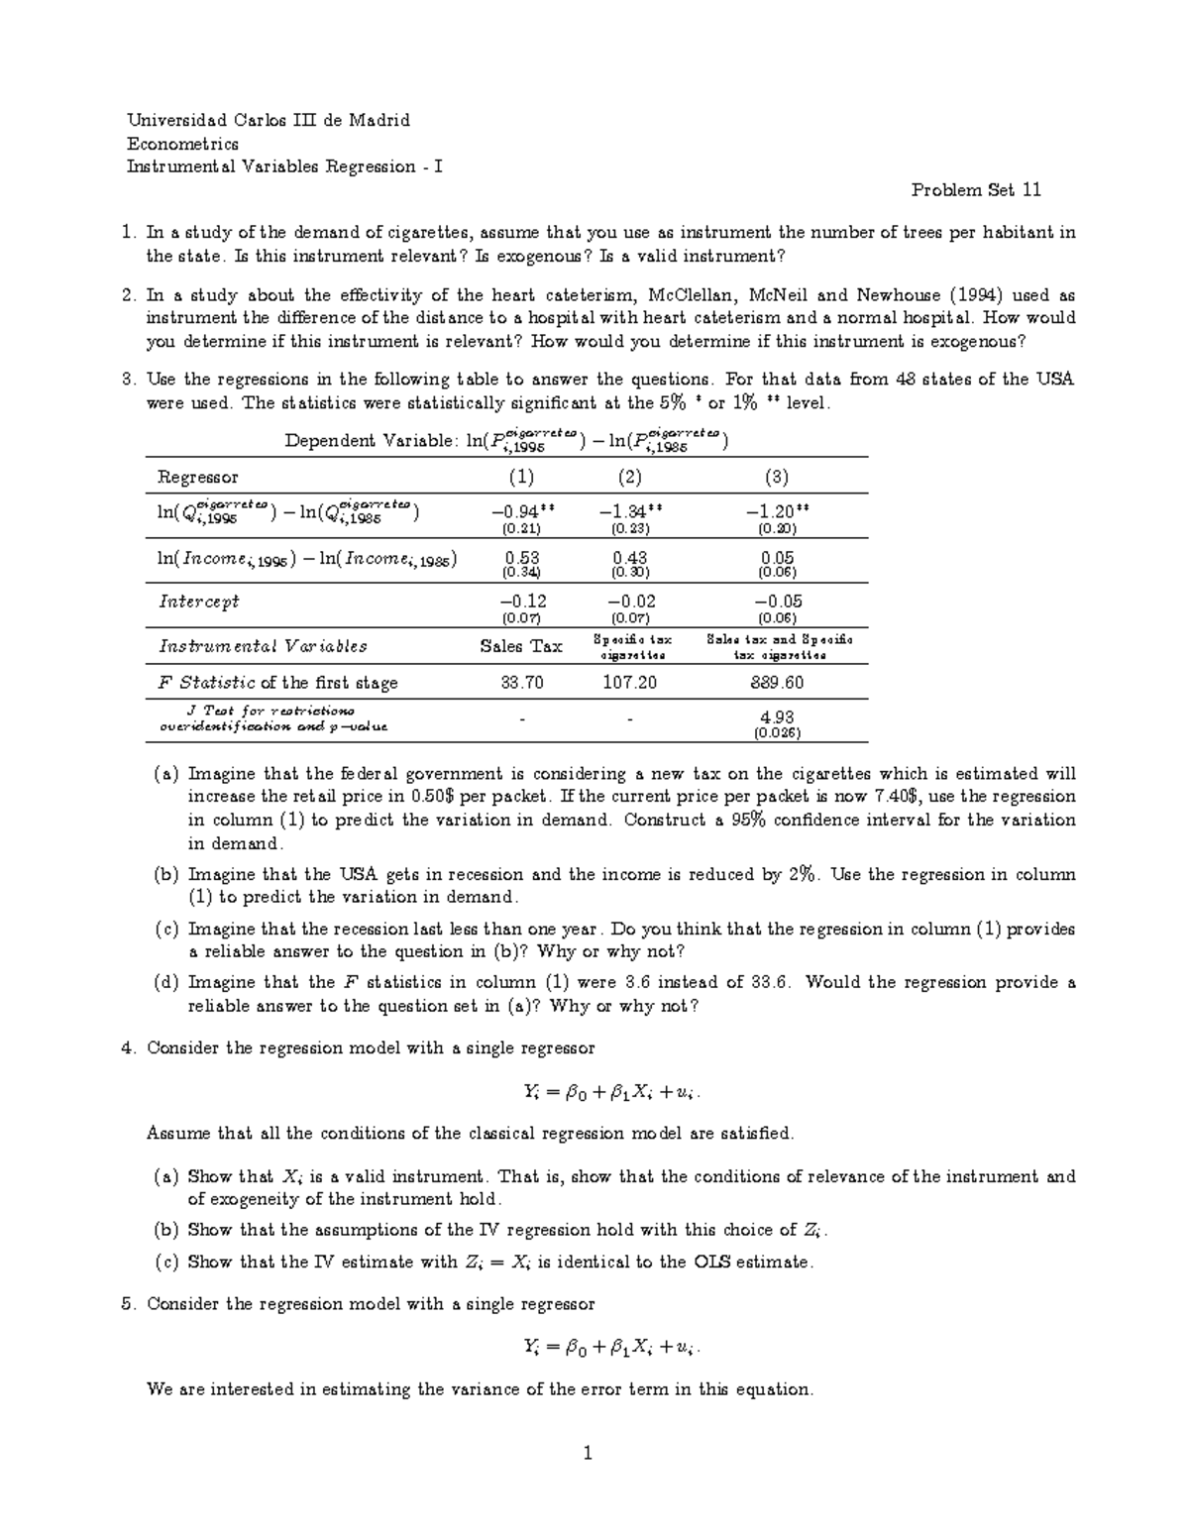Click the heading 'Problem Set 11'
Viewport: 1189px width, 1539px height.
[976, 189]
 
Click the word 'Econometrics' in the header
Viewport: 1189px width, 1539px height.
[182, 144]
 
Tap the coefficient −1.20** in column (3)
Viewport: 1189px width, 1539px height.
[778, 511]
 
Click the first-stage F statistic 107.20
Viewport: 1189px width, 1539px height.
[629, 683]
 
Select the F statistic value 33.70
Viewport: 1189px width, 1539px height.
[521, 683]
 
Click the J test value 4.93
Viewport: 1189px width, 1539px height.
[777, 716]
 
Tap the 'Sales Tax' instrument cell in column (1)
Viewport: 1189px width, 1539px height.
[521, 646]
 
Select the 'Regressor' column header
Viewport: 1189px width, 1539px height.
[198, 477]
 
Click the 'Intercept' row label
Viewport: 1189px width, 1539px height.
[199, 602]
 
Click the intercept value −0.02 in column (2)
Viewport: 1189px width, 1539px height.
[629, 602]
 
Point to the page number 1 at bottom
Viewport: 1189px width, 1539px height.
[588, 1454]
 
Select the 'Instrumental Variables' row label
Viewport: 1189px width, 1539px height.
[263, 646]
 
